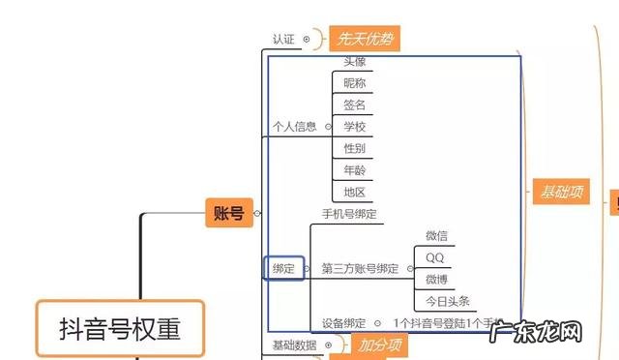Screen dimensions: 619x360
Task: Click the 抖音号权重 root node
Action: (x=121, y=329)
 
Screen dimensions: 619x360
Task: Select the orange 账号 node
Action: (x=229, y=212)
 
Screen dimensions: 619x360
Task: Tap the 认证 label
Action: (x=283, y=40)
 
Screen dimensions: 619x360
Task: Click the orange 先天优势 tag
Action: (x=365, y=40)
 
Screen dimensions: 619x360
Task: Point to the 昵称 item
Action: (x=355, y=83)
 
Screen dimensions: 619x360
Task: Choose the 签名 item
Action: (x=355, y=105)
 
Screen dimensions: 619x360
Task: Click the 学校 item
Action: (x=355, y=127)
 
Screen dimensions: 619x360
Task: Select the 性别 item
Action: (x=355, y=148)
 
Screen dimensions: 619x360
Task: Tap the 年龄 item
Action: (x=355, y=170)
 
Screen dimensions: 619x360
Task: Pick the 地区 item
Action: (x=355, y=192)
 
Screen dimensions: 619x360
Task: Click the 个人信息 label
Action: (x=294, y=126)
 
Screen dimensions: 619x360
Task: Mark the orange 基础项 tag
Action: (x=560, y=192)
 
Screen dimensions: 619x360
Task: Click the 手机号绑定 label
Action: (x=349, y=213)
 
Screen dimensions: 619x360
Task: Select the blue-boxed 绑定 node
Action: (x=284, y=268)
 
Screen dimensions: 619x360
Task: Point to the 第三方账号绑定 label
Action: (x=360, y=268)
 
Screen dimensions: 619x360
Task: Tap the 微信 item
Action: (x=436, y=235)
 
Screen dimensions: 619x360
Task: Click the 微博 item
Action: (x=436, y=279)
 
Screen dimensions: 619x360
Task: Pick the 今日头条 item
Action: (x=447, y=301)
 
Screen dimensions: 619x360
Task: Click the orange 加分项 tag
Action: (x=380, y=345)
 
